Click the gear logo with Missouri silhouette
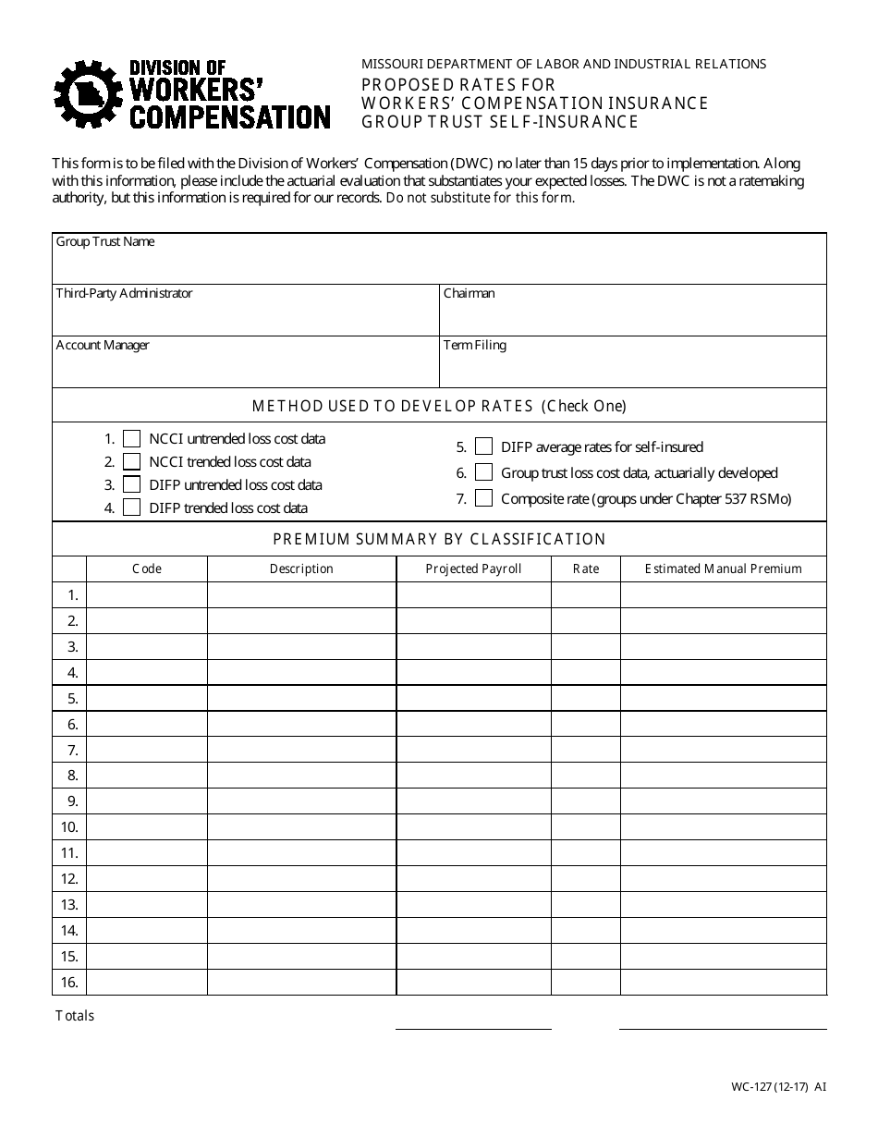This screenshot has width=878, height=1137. coord(89,94)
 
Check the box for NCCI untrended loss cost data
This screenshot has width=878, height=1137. coord(131,439)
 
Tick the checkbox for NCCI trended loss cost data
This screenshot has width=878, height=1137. coord(131,461)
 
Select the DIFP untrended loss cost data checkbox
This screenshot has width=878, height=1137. coord(131,484)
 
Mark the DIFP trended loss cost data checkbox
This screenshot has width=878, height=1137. coord(131,507)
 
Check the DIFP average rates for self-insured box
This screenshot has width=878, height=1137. coord(483,447)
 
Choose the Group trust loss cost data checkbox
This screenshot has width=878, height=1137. coord(483,472)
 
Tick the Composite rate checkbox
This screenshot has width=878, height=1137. coord(483,498)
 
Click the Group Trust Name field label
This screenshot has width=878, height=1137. coord(105,242)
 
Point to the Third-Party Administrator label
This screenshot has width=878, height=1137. coord(124,294)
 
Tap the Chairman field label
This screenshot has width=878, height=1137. coord(469,294)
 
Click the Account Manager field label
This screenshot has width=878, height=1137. coord(103,346)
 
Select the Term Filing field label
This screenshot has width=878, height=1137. coord(474,346)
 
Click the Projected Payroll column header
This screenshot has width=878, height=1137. coord(473,569)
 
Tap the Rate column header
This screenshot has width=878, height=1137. coord(586,569)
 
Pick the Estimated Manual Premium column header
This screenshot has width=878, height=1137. coord(723,569)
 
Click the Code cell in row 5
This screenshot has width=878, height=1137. coord(147,698)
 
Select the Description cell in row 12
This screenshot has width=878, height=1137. coord(301,879)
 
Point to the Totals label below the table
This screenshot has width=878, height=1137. coord(75,1016)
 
